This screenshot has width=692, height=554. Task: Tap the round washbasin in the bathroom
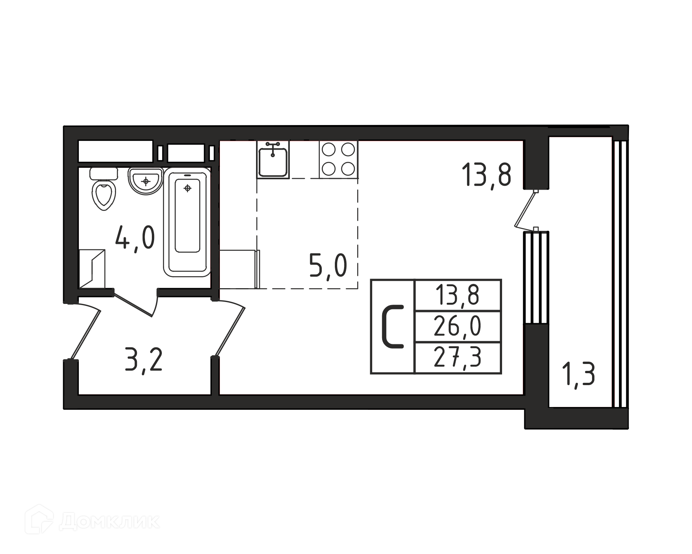[x=146, y=181]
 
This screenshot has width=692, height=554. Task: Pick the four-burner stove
[x=338, y=159]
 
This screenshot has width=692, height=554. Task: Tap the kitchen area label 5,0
[x=328, y=266]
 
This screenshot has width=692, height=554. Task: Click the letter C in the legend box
[x=393, y=327]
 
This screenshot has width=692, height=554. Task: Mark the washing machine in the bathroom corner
[x=92, y=268]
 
